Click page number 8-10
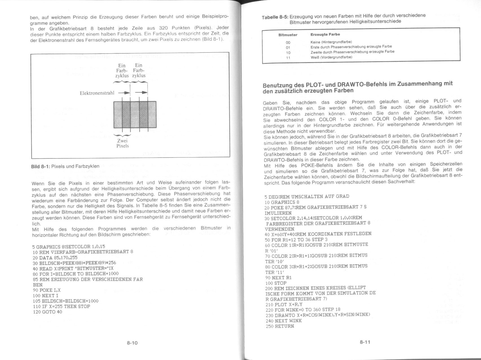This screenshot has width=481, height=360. click(x=132, y=343)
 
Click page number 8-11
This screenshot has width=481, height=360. click(x=364, y=342)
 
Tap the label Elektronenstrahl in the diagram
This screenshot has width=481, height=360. click(x=97, y=93)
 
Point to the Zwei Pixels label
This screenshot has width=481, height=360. click(x=122, y=143)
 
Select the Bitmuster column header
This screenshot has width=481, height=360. click(x=288, y=35)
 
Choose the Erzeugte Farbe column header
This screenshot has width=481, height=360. click(x=321, y=34)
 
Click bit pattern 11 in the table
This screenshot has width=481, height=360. click(x=288, y=58)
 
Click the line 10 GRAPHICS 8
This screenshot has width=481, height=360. click(x=280, y=202)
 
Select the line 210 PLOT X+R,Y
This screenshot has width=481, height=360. click(x=284, y=304)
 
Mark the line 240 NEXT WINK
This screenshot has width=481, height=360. click(x=284, y=321)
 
